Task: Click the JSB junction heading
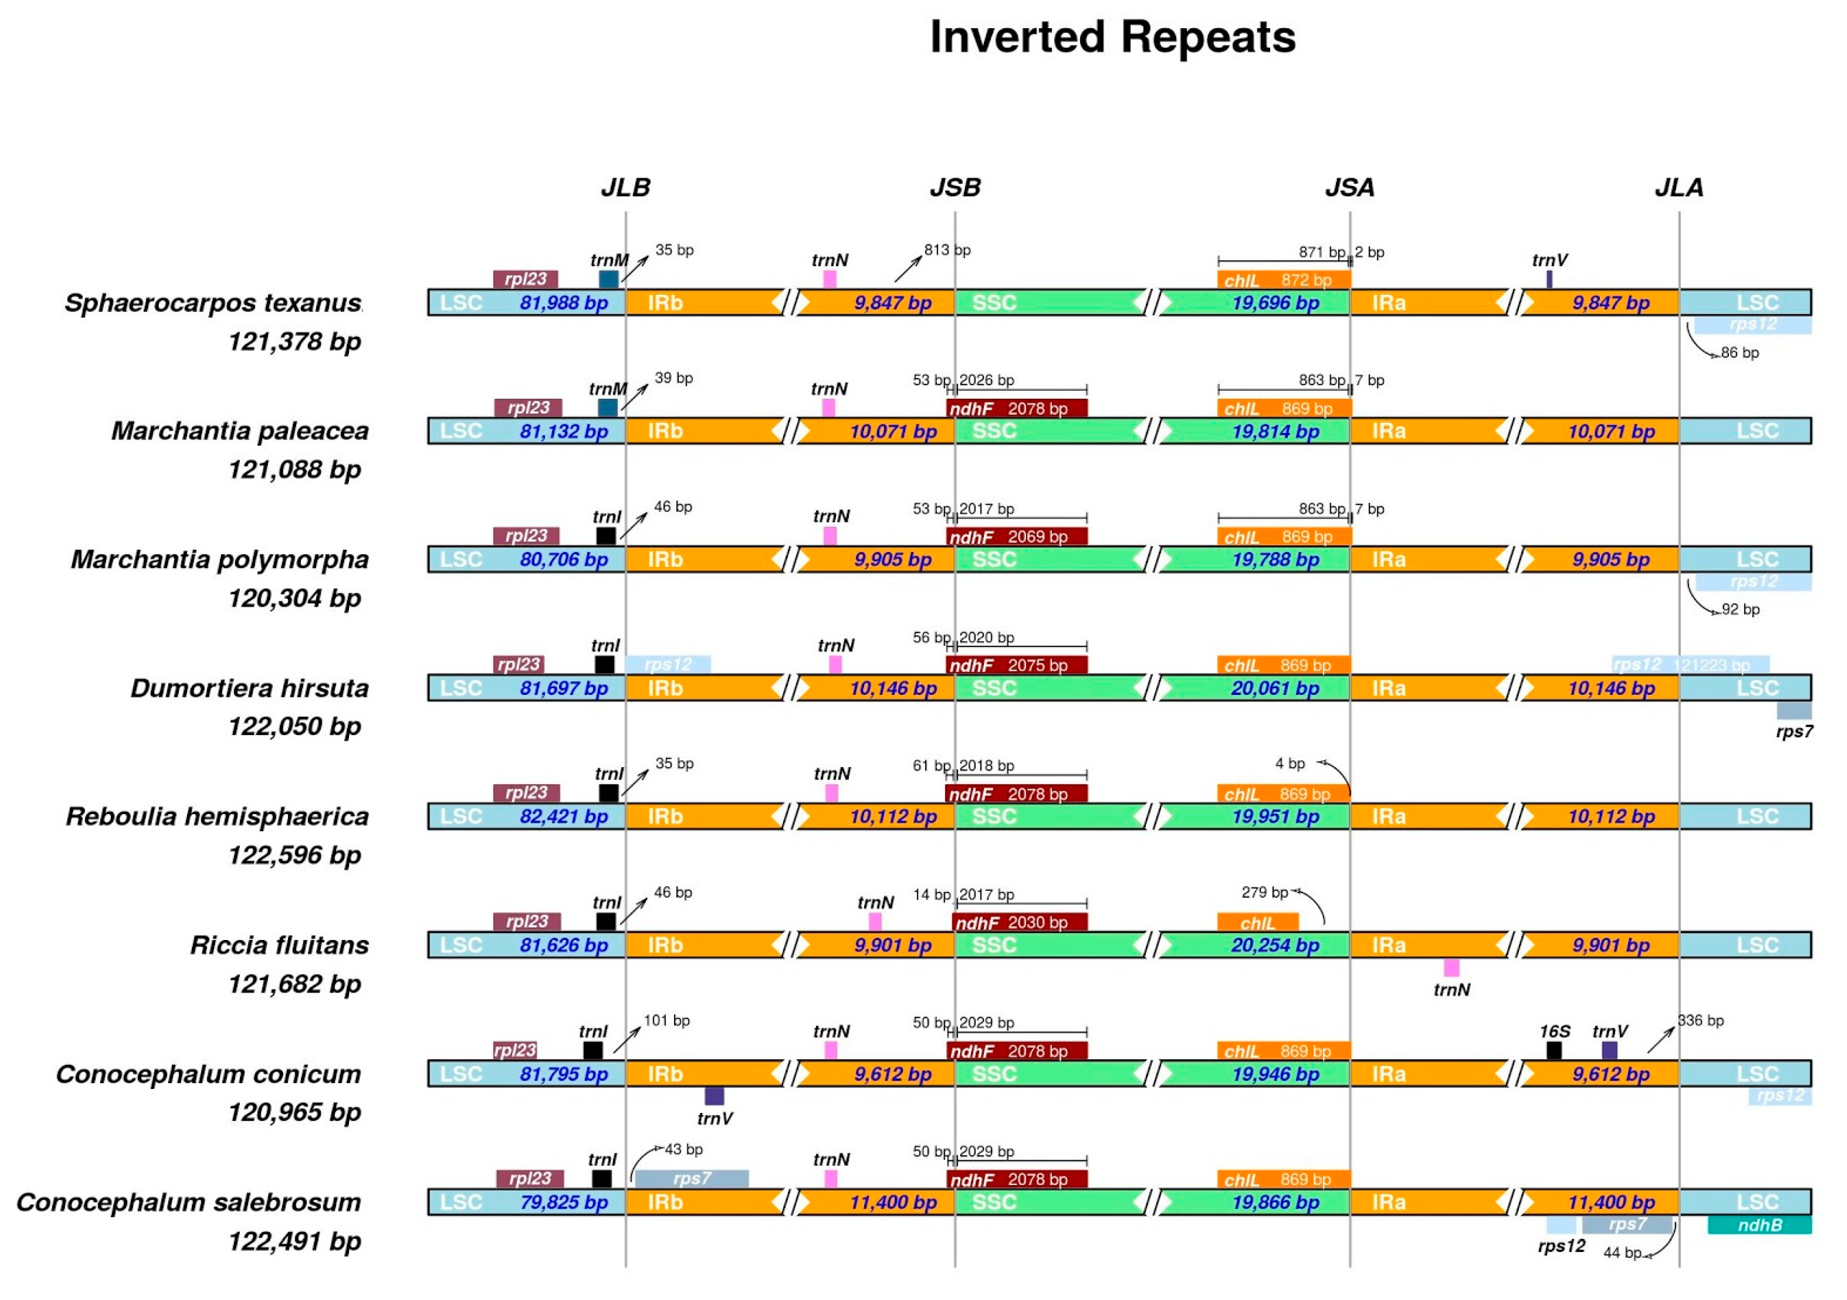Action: click(x=955, y=188)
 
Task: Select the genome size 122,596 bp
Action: click(x=295, y=855)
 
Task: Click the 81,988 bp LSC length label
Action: click(x=563, y=303)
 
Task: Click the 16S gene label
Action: click(x=1554, y=1031)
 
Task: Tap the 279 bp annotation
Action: click(x=1264, y=892)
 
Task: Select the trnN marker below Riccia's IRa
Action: click(x=1451, y=968)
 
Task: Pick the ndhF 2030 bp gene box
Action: click(x=1019, y=923)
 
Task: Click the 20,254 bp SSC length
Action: click(x=1275, y=945)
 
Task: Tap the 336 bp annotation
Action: click(x=1701, y=1021)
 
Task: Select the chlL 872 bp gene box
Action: click(x=1284, y=280)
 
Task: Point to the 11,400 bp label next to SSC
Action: click(x=893, y=1203)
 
